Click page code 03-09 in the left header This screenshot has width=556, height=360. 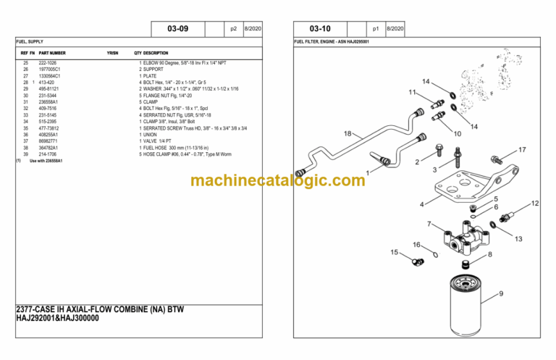(177, 29)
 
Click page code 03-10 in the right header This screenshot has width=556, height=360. (319, 29)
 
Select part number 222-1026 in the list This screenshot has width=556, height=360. (49, 64)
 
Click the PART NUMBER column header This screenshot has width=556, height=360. (52, 53)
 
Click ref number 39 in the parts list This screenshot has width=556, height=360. (25, 154)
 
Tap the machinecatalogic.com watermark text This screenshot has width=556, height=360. (278, 180)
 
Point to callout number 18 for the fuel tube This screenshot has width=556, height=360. (347, 133)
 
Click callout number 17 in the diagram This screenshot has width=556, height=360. (521, 151)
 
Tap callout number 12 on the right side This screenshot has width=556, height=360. (534, 204)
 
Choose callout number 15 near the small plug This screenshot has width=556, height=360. (395, 252)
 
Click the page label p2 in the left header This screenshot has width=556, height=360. (233, 29)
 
